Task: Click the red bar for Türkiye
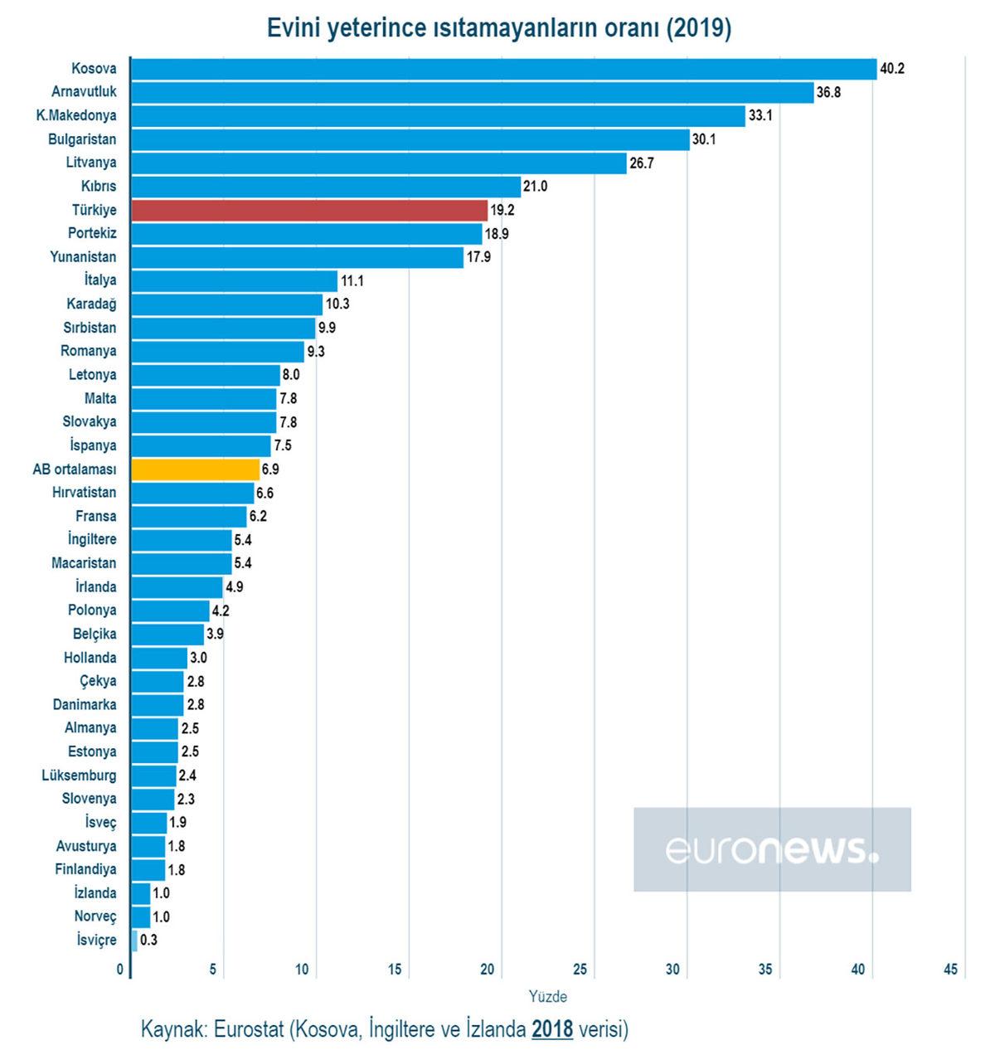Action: [309, 210]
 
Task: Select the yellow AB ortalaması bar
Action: [196, 469]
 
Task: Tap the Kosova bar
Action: [503, 69]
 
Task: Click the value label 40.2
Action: [892, 69]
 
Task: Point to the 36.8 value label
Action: [828, 92]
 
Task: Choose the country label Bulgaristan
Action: [82, 139]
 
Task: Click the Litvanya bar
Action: [379, 163]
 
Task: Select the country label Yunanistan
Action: [83, 257]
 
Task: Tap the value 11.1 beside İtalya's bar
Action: [352, 281]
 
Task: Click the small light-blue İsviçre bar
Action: [134, 940]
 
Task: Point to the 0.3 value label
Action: [148, 941]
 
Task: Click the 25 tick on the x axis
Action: [580, 970]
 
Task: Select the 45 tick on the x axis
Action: [950, 970]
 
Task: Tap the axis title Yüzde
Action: [548, 996]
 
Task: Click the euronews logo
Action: [772, 849]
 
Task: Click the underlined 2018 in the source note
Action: [552, 1029]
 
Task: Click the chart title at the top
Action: [499, 28]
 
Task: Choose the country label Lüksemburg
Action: [79, 776]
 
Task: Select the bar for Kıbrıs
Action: [326, 187]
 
